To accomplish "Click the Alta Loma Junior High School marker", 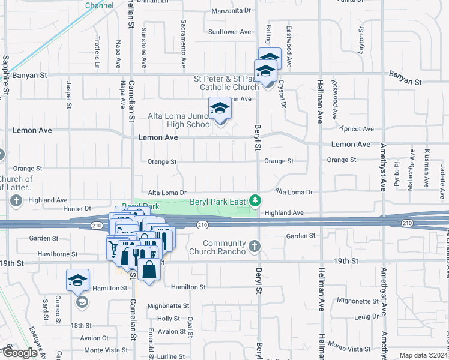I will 220,109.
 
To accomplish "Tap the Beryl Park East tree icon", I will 255,200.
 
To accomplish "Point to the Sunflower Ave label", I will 229,32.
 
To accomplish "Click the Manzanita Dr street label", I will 231,11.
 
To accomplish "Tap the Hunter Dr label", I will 76,209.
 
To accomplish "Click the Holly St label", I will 169,319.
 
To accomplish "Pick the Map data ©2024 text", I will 424,355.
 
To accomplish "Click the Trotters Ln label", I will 97,52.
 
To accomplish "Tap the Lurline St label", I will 172,357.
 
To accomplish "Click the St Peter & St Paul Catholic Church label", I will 226,83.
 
